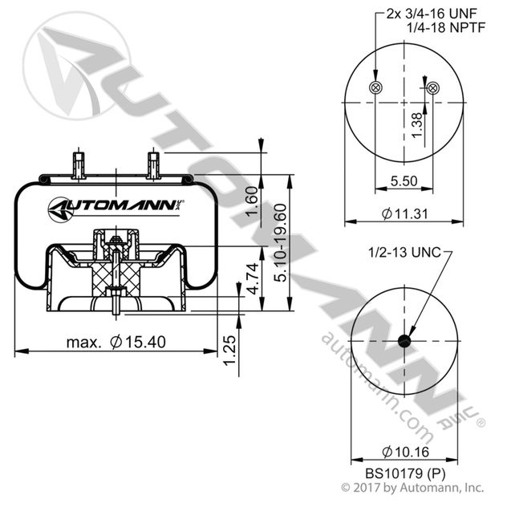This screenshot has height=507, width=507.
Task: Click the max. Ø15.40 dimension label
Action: pyautogui.click(x=116, y=342)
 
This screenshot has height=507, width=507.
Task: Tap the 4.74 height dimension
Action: pyautogui.click(x=251, y=281)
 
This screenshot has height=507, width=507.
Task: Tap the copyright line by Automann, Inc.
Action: pyautogui.click(x=412, y=487)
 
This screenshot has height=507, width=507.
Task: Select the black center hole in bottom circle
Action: pyautogui.click(x=404, y=340)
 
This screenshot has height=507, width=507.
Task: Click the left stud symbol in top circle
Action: pyautogui.click(x=374, y=87)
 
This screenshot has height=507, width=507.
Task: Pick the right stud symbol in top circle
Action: pyautogui.click(x=433, y=87)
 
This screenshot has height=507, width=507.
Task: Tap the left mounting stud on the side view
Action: pyautogui.click(x=78, y=163)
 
